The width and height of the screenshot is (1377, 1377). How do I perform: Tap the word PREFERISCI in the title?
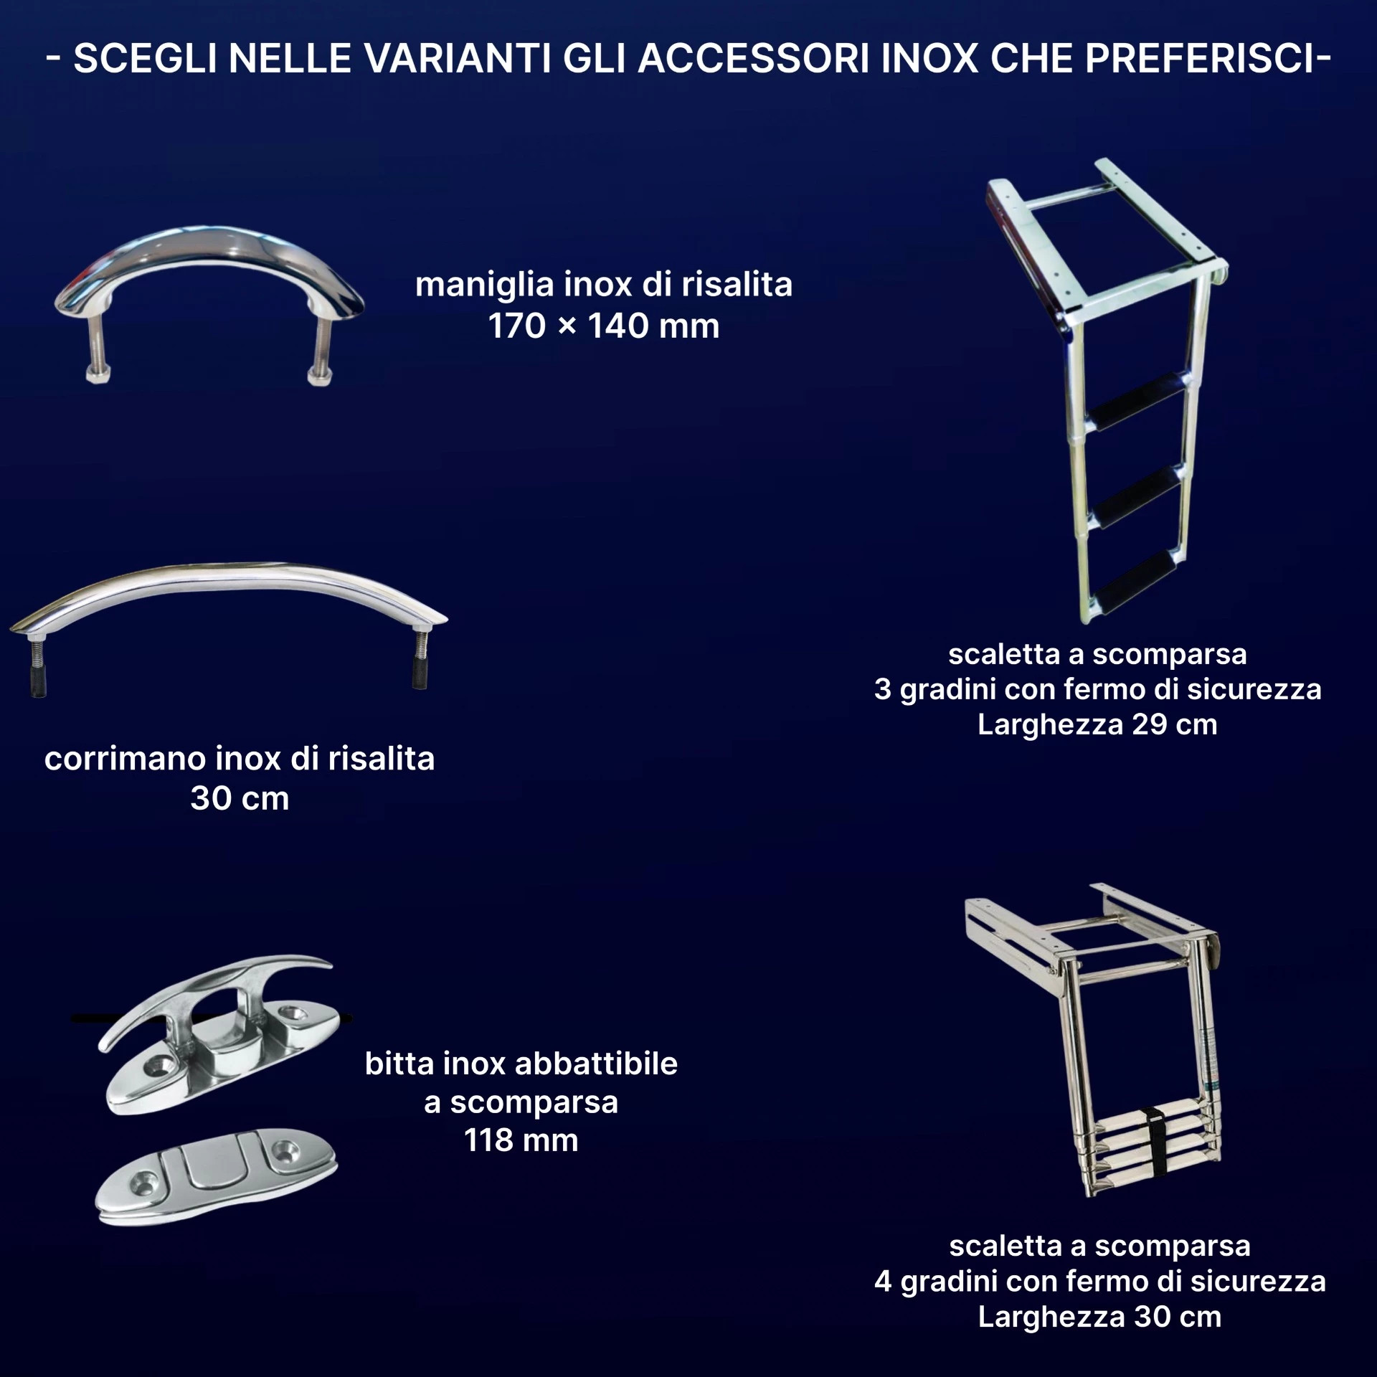point(1201,58)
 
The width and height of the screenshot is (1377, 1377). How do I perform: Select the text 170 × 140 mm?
point(604,326)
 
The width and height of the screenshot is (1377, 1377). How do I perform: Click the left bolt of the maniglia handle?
point(98,352)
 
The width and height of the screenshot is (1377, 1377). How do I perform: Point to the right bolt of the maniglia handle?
point(321,352)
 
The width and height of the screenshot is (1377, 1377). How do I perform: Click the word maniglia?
point(485,285)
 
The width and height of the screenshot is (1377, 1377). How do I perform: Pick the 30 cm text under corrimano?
point(240,798)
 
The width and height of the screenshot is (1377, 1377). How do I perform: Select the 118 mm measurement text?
point(521,1140)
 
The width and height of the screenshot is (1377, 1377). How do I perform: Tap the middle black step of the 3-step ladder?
point(1137,495)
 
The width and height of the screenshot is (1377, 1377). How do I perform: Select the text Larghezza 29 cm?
point(1097,724)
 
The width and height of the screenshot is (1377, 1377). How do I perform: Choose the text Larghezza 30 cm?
point(1099,1317)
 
